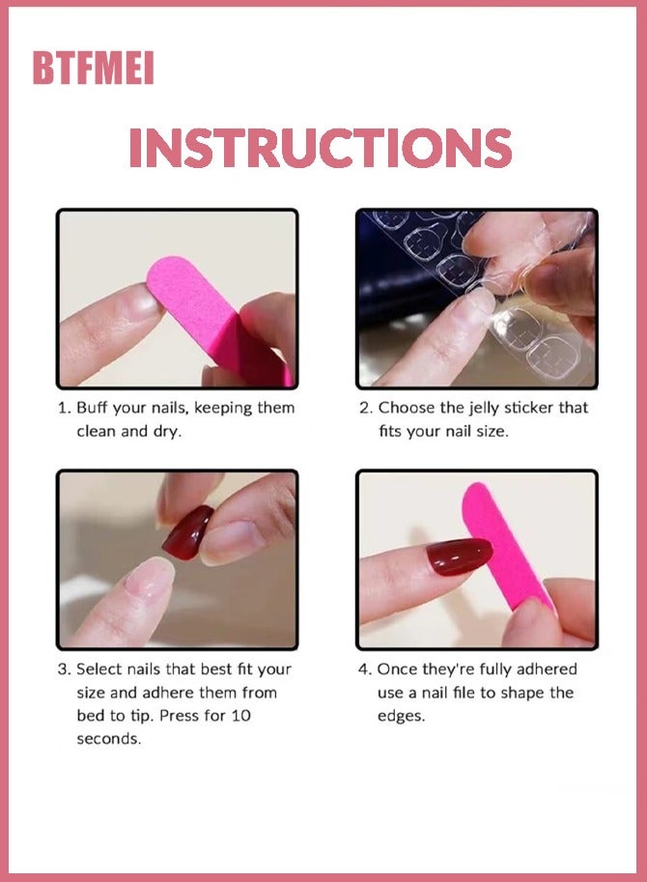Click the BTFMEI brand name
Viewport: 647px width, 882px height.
(93, 69)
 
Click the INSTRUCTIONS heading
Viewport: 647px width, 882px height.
(321, 148)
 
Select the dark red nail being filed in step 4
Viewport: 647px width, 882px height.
(459, 557)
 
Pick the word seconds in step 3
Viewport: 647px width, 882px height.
(107, 739)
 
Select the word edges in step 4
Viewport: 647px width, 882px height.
(401, 716)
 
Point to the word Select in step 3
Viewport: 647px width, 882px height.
(99, 669)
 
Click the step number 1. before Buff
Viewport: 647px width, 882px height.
(64, 408)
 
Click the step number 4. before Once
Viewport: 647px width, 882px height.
(364, 669)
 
